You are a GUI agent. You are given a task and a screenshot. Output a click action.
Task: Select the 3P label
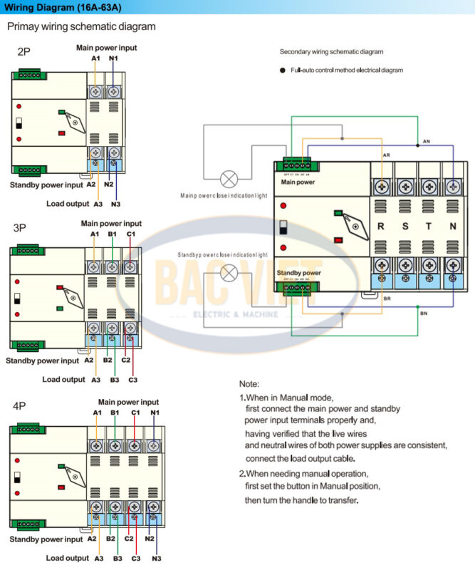(20, 228)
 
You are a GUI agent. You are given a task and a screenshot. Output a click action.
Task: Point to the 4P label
(19, 406)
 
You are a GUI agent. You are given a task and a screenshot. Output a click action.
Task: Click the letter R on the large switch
(381, 227)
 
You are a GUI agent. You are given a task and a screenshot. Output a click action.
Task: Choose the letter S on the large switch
(406, 227)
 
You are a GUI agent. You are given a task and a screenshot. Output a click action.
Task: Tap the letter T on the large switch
(429, 227)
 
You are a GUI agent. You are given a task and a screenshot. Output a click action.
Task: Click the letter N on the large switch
(454, 227)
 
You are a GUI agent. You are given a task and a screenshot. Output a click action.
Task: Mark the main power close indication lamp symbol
(229, 177)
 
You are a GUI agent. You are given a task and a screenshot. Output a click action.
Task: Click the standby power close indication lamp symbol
(229, 271)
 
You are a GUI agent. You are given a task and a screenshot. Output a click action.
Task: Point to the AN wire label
(426, 142)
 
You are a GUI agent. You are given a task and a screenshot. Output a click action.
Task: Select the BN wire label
(423, 313)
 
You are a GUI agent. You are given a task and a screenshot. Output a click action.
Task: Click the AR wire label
(386, 155)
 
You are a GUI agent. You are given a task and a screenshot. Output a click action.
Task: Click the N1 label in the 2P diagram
(113, 57)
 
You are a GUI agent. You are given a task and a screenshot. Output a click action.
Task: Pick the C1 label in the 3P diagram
(130, 234)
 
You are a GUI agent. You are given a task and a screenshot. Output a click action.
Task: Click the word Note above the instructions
(249, 384)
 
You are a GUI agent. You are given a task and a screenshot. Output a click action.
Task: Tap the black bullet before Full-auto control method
(283, 71)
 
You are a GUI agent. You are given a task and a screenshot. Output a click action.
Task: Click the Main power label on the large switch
(298, 182)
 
